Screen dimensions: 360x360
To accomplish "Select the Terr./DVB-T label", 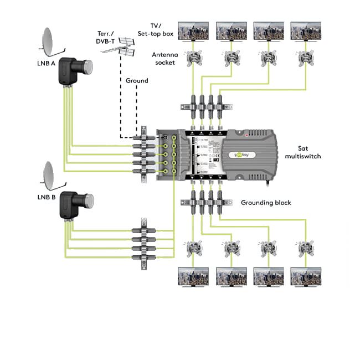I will (x=106, y=38).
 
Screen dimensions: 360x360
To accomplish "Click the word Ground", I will (x=137, y=81).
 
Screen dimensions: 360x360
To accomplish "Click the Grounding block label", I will (x=266, y=203).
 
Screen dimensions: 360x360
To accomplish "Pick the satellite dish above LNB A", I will (x=52, y=40).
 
